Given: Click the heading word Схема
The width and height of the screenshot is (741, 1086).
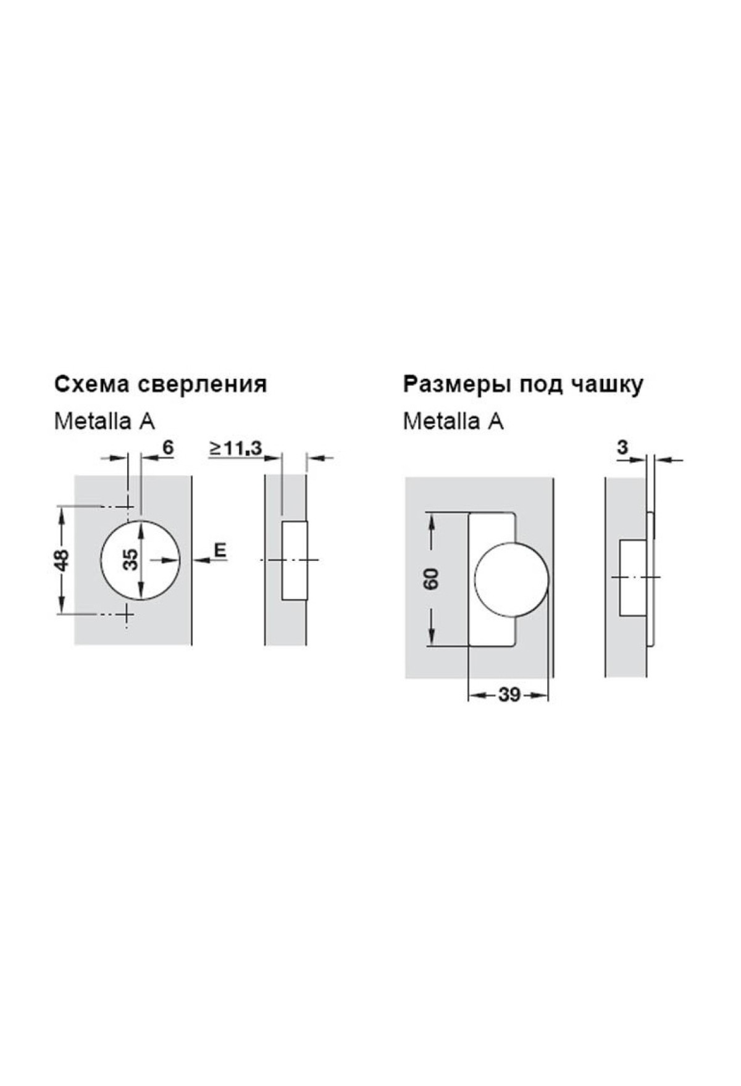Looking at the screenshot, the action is coord(92,384).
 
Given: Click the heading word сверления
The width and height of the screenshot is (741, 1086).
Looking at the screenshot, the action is coord(202,385).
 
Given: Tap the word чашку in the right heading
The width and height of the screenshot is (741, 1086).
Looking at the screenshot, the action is coord(608,385).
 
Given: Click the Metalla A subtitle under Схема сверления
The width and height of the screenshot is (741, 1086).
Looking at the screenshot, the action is coord(104,421).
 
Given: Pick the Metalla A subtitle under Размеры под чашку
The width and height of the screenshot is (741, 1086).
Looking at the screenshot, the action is coord(453,421).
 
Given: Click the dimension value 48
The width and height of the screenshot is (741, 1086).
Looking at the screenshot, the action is coord(62,560).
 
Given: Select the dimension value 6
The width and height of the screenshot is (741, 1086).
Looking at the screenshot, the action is coord(167,447).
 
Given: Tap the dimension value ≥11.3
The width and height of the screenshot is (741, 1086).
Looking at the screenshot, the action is coord(236,448).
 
